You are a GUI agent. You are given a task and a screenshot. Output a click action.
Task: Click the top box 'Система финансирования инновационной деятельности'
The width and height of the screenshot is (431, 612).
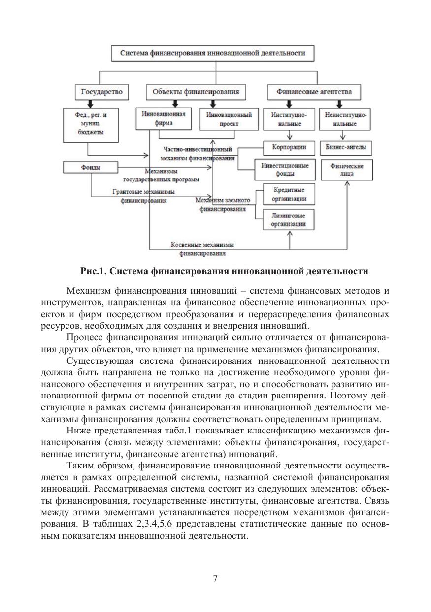click(213, 53)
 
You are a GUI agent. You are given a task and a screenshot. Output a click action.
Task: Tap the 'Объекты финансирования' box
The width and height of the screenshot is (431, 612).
click(196, 92)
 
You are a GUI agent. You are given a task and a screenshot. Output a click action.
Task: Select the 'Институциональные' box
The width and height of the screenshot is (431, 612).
click(289, 119)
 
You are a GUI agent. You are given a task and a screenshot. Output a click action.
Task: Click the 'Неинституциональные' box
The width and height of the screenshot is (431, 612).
click(346, 119)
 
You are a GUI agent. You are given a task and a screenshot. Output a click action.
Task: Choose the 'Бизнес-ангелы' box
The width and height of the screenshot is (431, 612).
click(346, 147)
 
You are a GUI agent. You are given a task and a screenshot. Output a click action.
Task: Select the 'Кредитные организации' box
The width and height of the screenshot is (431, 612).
click(289, 195)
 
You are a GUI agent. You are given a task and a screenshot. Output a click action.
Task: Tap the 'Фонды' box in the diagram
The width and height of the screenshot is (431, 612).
click(91, 168)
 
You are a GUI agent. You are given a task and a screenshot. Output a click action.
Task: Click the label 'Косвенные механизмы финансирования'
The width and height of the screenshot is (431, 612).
click(202, 249)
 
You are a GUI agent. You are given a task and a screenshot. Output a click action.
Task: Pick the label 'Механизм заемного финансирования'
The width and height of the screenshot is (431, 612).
click(223, 205)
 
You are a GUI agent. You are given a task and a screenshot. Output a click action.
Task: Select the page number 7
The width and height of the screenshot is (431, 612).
click(215, 579)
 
